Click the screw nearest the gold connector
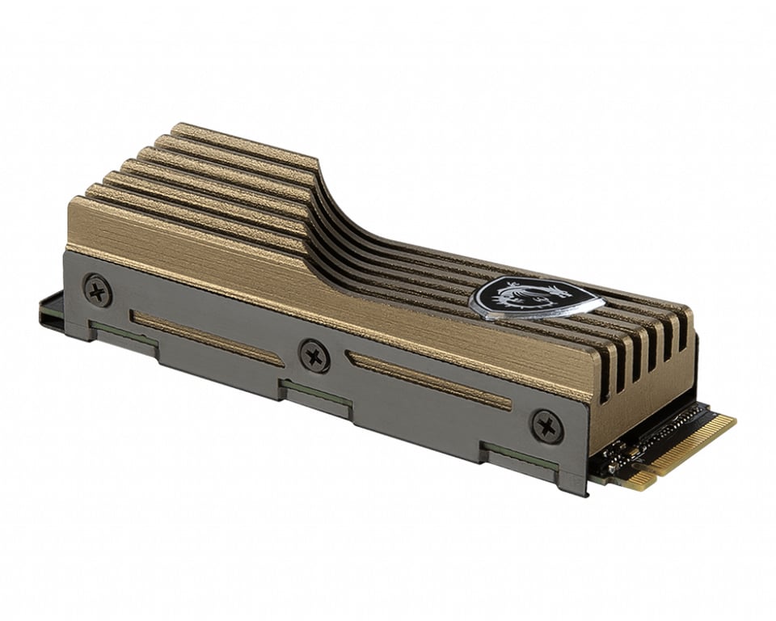tap(546, 426)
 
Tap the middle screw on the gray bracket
tap(314, 356)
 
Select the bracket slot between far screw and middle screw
tap(207, 339)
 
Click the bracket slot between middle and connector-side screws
tap(428, 380)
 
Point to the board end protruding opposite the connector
tap(50, 312)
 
